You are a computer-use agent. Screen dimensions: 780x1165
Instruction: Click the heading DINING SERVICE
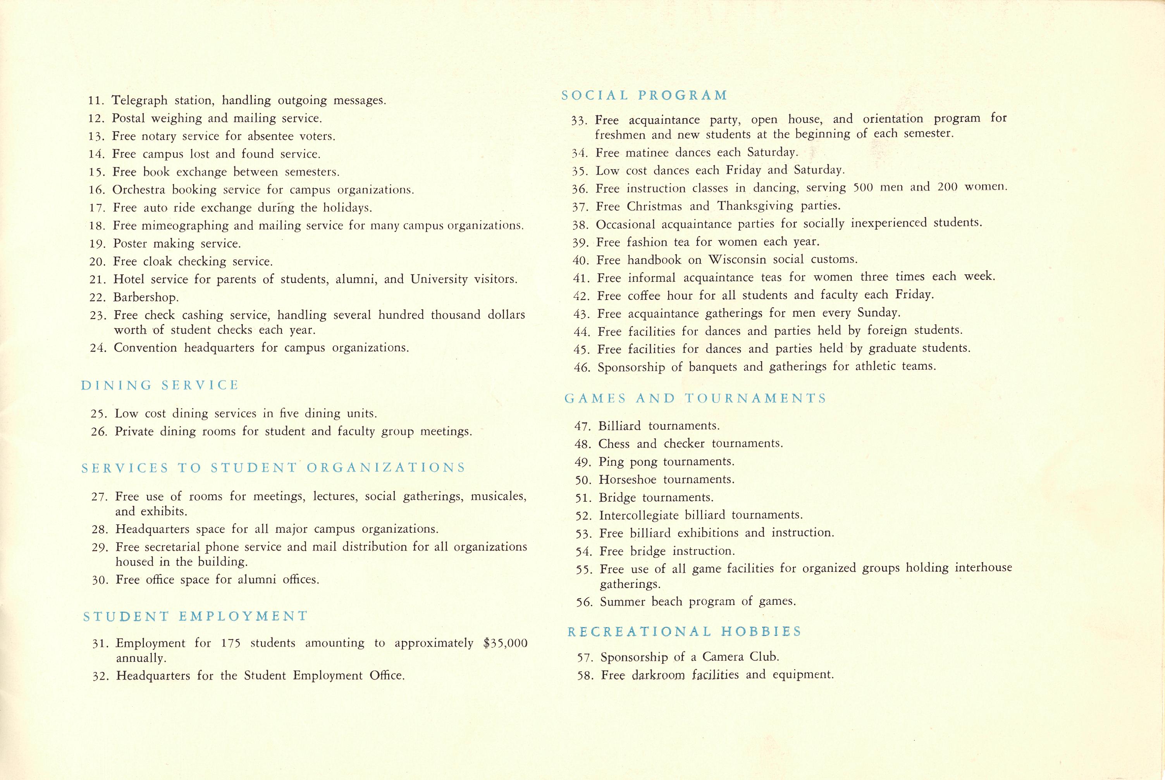point(160,385)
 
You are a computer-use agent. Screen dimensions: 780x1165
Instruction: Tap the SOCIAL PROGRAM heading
point(644,95)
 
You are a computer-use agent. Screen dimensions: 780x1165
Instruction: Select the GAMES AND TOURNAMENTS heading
point(695,398)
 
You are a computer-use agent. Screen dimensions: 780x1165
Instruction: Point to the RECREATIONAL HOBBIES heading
point(684,631)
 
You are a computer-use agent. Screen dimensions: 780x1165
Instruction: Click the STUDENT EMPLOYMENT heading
point(195,616)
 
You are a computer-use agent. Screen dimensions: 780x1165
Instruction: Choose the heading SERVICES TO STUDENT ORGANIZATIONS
point(274,468)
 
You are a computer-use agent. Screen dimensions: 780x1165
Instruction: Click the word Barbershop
point(145,298)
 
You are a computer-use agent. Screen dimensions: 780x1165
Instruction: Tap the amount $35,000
point(505,643)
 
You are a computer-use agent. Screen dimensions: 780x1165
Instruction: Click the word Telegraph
point(140,100)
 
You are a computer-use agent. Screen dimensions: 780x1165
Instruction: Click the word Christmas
point(654,206)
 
